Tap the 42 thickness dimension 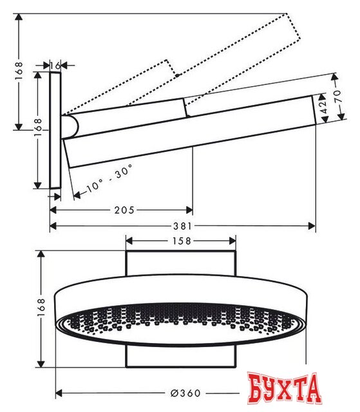tap(319, 109)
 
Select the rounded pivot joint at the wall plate tap(70, 126)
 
